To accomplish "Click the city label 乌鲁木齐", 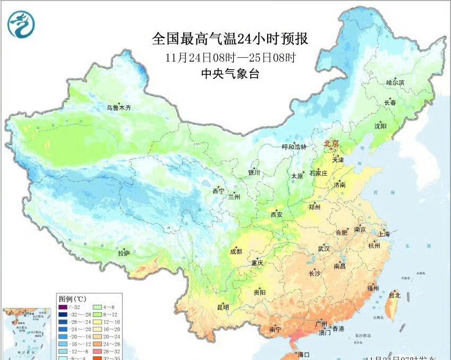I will pos(118,108).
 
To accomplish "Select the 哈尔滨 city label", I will pos(395,82).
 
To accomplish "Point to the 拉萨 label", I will pos(124,253).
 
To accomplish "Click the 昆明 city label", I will pos(223,307).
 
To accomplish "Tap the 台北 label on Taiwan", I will pos(395,295).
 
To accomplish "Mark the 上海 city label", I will pos(384,234).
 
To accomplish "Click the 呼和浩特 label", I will pos(294,147).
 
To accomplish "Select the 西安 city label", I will pos(277,215).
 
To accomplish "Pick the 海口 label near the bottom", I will pos(304,354).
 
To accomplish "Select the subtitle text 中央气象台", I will pos(230,74).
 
